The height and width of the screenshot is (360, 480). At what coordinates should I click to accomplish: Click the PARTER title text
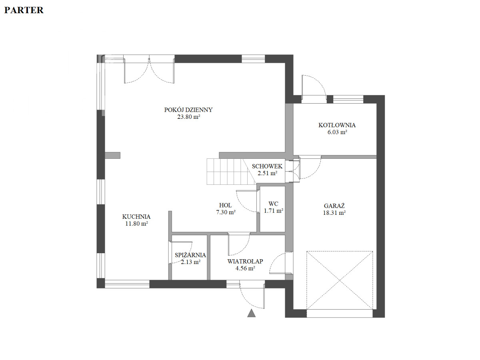tap(24, 10)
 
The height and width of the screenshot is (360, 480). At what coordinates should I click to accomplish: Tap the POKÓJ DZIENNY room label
tap(188, 110)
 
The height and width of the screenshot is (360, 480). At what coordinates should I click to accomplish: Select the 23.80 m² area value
tap(188, 117)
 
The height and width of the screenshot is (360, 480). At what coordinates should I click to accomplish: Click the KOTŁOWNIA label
tap(337, 125)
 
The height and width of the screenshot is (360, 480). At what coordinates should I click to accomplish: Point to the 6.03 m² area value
tap(337, 132)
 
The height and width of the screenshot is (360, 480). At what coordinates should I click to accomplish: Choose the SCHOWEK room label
tap(267, 166)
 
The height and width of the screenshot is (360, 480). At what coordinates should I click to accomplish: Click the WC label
tap(273, 204)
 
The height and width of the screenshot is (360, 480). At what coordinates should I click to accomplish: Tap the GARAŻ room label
tap(334, 206)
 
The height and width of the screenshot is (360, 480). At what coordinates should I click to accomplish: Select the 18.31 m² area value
tap(334, 213)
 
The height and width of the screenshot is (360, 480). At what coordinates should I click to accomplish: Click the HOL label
tap(226, 205)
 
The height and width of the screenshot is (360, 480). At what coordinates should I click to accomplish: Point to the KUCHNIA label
tap(136, 217)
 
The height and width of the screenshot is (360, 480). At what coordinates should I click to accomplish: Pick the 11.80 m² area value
tap(136, 224)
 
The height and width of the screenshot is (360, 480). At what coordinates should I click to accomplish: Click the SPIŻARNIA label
tap(190, 255)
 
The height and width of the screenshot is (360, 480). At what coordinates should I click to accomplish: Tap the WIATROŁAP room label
tap(245, 261)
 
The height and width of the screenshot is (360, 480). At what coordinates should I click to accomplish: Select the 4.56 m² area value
tap(245, 268)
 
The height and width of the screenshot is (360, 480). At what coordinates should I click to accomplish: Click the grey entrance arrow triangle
tap(251, 314)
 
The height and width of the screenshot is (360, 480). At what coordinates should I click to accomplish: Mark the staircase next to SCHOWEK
tap(231, 172)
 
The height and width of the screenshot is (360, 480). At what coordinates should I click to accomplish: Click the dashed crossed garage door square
tap(339, 280)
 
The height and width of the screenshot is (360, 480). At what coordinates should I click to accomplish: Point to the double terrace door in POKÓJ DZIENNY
tap(149, 69)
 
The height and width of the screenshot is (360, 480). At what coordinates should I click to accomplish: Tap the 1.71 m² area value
tap(273, 211)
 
